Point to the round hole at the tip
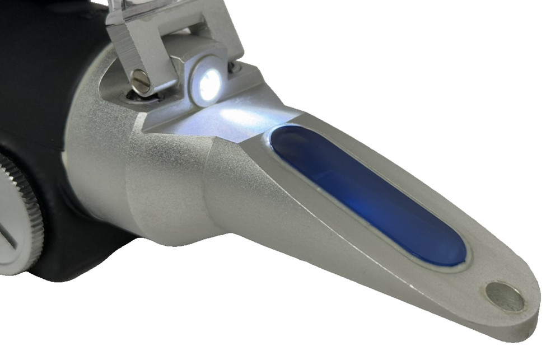point(505,297)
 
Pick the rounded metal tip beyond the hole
point(529,314)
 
